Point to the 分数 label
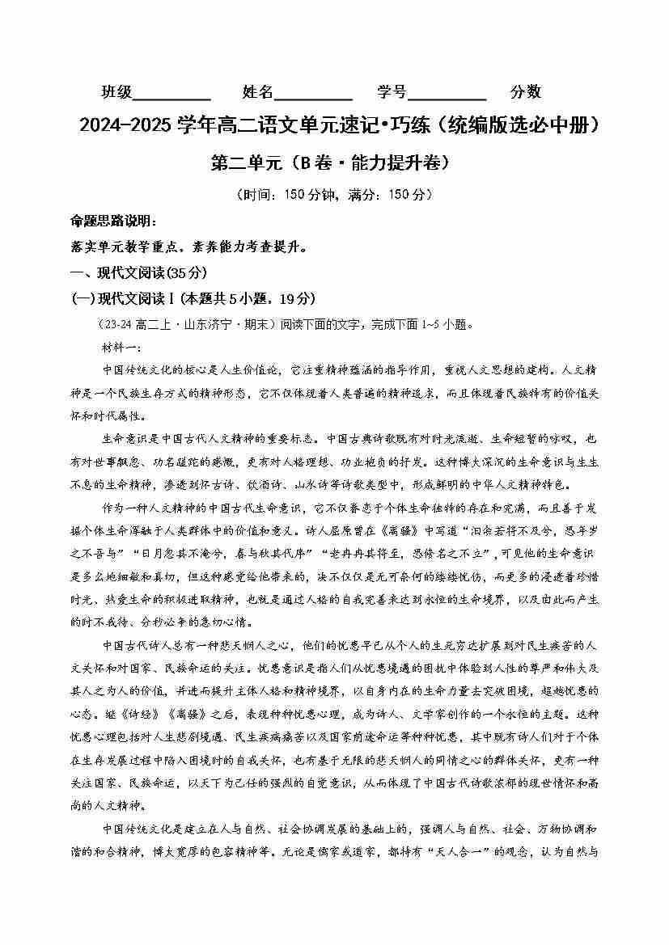tap(526, 91)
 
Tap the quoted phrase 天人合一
tap(471, 851)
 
